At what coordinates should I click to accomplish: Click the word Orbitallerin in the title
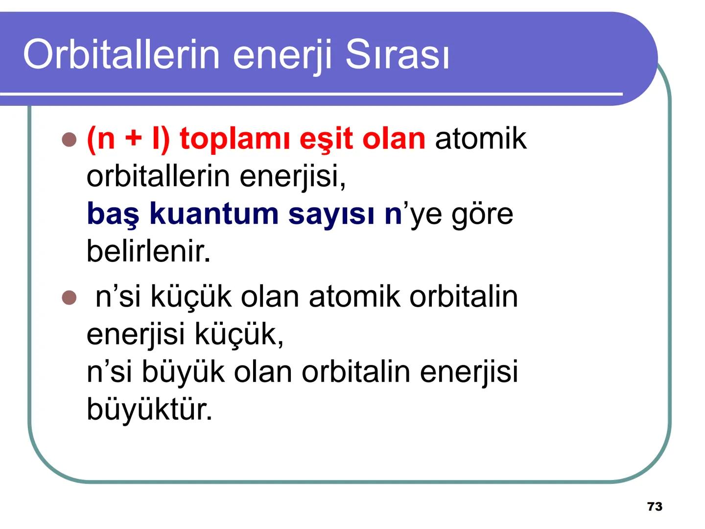tap(121, 54)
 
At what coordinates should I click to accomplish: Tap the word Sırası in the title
tap(397, 54)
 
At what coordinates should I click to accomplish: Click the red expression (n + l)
tap(128, 139)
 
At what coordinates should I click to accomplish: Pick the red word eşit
tap(326, 139)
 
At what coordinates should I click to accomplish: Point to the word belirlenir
tap(148, 251)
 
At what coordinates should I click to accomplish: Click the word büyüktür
tap(149, 409)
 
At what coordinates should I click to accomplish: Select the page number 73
tap(655, 506)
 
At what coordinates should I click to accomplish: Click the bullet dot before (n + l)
tap(70, 140)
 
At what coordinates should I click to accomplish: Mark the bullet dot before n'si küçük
tap(70, 297)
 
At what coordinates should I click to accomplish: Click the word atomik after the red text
tap(480, 139)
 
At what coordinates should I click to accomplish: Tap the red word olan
tap(394, 139)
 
